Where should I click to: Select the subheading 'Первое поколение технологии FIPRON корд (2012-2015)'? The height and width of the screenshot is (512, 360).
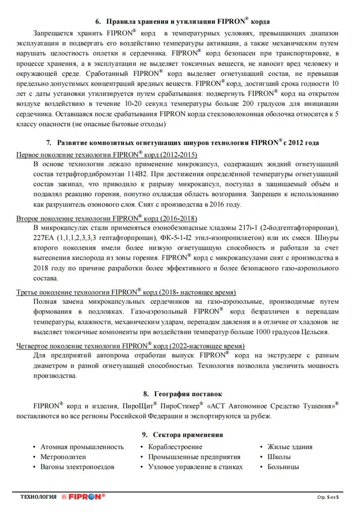pos(107,155)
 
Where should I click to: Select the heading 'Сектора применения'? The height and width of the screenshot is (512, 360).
pos(187,435)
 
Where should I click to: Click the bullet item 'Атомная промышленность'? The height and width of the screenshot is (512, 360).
pos(82,446)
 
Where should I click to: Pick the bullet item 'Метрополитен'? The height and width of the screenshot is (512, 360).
pos(63,457)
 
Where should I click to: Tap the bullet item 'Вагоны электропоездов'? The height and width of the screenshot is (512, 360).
pos(77,467)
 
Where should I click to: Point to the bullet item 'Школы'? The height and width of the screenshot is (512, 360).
pos(279,457)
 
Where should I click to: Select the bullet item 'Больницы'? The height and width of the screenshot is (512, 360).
pos(283,467)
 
